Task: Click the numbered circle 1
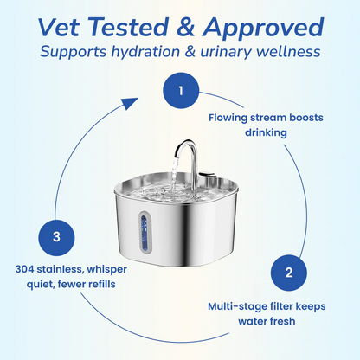[x=180, y=91]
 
